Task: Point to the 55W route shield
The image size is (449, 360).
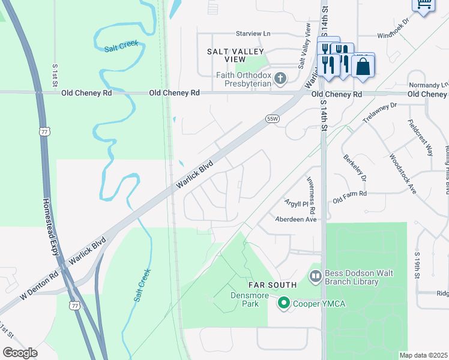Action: pyautogui.click(x=273, y=119)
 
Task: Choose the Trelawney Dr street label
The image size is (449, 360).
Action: pyautogui.click(x=381, y=113)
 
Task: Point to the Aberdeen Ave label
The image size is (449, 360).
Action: pyautogui.click(x=295, y=220)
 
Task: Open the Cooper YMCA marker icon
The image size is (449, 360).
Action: pyautogui.click(x=285, y=304)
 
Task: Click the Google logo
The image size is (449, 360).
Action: pyautogui.click(x=20, y=352)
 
